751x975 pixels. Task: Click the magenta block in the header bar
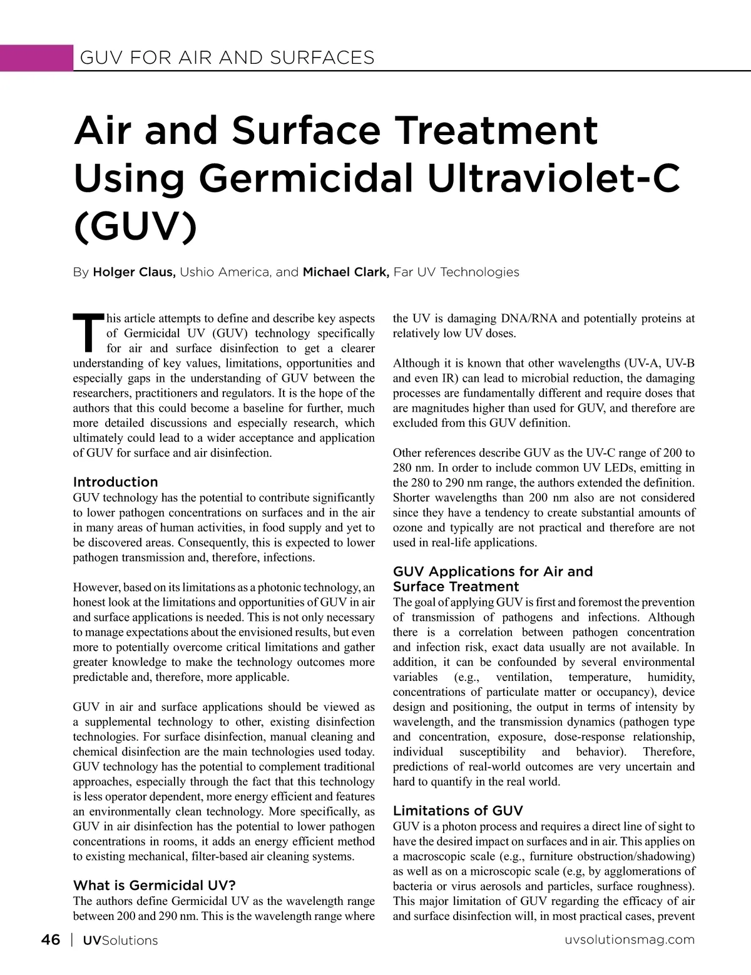click(x=36, y=58)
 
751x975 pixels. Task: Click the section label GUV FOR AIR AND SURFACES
click(x=227, y=58)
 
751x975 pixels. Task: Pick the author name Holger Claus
click(x=134, y=272)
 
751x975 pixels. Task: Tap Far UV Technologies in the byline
click(x=456, y=272)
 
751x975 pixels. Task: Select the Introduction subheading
click(x=116, y=482)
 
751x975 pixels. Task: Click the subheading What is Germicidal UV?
click(x=155, y=886)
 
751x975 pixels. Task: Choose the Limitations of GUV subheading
click(x=457, y=810)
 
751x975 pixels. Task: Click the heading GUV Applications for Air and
click(x=493, y=571)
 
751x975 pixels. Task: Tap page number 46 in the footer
click(x=51, y=940)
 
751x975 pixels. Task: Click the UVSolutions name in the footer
click(x=120, y=941)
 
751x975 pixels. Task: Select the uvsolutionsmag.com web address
click(x=629, y=940)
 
